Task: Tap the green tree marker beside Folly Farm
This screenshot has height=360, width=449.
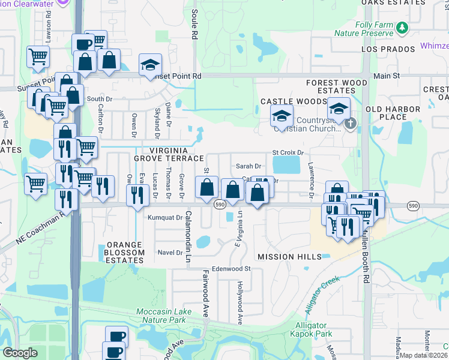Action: [x=403, y=27]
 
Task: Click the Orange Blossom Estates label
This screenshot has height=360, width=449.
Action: [x=125, y=249]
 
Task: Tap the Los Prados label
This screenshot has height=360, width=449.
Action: [x=388, y=49]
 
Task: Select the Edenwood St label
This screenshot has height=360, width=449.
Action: [x=231, y=269]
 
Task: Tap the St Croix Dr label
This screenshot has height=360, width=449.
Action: [x=289, y=153]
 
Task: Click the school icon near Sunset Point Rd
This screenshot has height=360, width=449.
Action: [x=150, y=65]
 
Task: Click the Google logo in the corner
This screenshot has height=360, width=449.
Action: [x=20, y=353]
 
